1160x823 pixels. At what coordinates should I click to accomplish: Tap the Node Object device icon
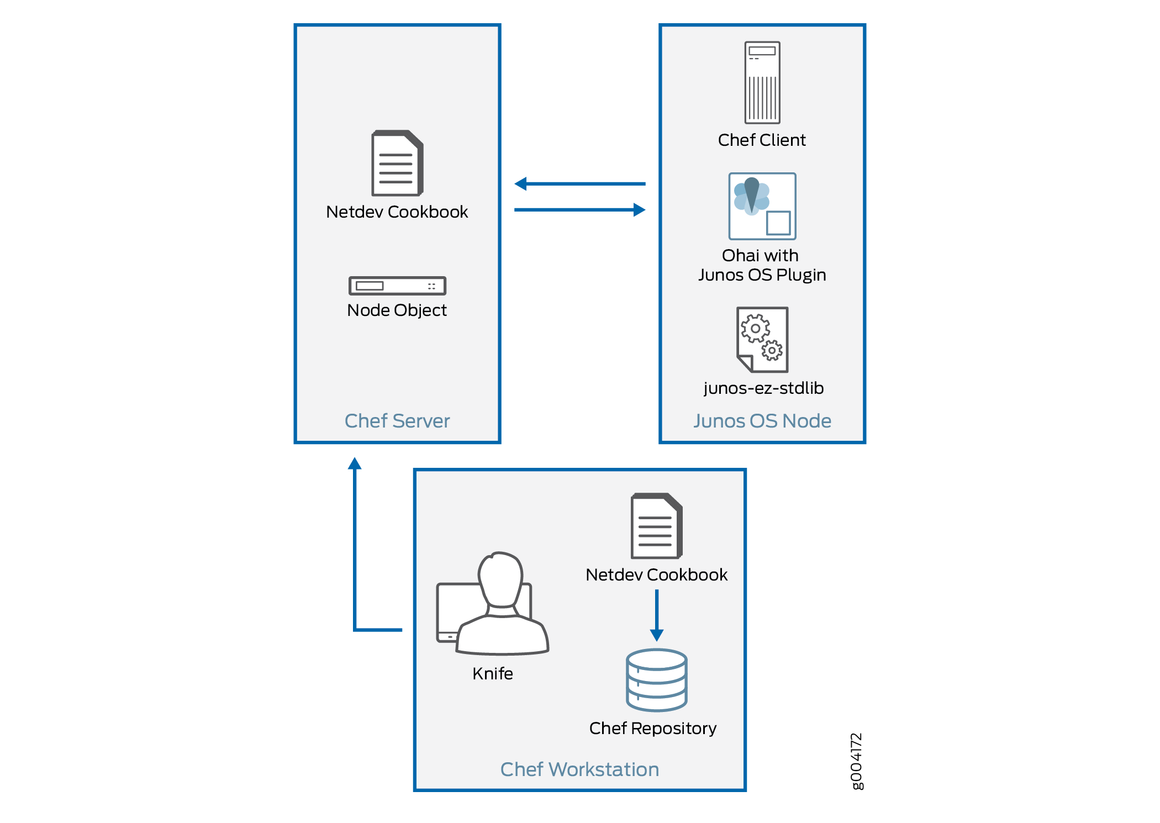pos(397,286)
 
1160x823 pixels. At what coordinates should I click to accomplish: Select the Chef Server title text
pos(397,421)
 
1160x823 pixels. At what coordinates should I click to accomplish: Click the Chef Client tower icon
pos(762,82)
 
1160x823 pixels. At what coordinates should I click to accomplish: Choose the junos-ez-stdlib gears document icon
pos(762,339)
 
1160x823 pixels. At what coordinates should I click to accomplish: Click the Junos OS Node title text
pos(762,421)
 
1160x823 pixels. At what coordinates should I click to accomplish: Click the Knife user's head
pos(501,577)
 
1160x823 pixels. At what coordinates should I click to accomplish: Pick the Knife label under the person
pos(493,673)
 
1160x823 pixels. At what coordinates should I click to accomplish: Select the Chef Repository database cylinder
pos(657,680)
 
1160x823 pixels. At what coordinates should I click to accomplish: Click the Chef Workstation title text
pos(579,769)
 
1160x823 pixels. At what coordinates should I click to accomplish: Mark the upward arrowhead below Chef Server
pos(355,463)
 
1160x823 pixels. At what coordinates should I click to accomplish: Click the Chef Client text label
pos(762,140)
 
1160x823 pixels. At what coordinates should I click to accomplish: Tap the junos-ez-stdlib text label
pos(763,388)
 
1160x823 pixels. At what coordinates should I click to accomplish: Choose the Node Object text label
pos(397,310)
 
